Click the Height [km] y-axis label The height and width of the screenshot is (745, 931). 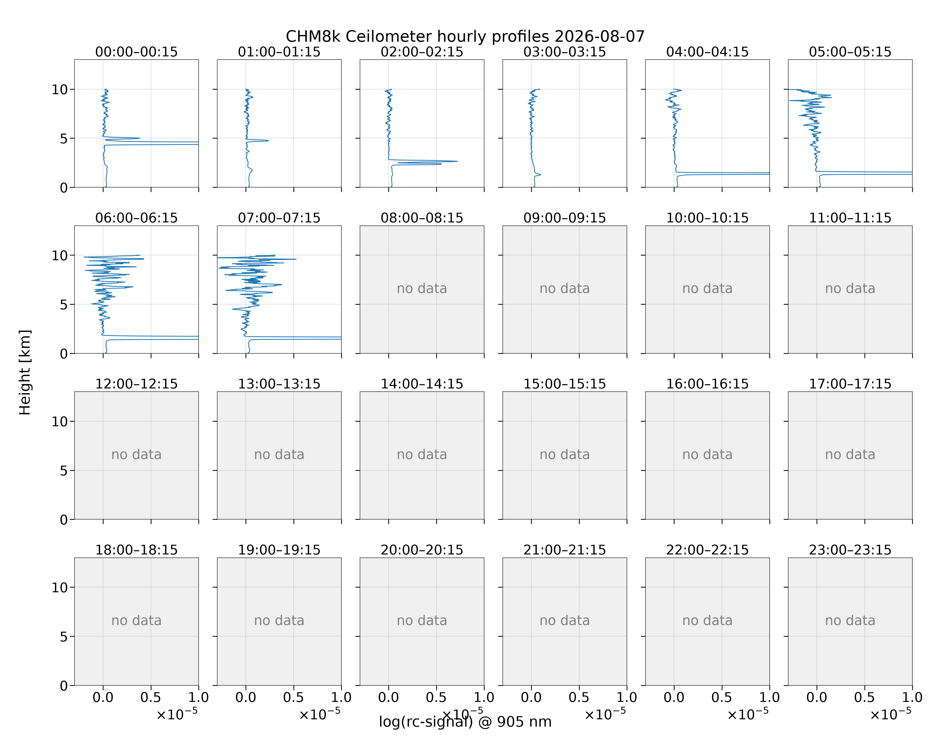(x=25, y=372)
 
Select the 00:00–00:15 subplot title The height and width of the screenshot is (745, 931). (x=137, y=52)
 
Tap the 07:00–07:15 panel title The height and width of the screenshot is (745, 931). (x=279, y=218)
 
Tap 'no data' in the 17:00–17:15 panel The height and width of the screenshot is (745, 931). (x=850, y=454)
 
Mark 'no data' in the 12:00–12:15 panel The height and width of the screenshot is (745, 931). (x=137, y=454)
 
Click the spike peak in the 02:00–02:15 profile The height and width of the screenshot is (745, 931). (x=457, y=161)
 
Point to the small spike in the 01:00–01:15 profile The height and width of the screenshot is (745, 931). (x=268, y=140)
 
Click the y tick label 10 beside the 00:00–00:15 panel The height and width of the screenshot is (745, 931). (x=60, y=89)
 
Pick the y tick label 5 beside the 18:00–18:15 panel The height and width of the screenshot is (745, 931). (x=64, y=636)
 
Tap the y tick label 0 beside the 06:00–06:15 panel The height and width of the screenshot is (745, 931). (x=64, y=354)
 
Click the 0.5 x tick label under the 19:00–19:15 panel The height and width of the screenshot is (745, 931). (x=294, y=697)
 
